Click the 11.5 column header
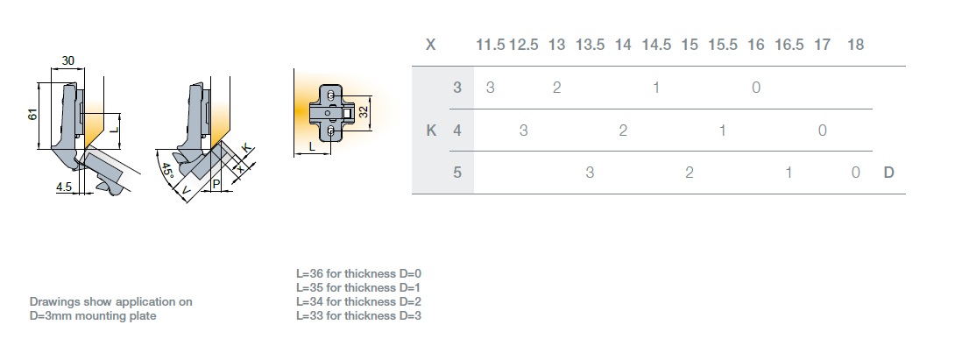click(491, 45)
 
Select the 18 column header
click(856, 45)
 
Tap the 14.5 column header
click(656, 45)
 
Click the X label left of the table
click(430, 45)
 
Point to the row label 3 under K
click(457, 88)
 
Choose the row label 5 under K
click(457, 173)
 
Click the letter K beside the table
click(430, 131)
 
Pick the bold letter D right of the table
click(888, 173)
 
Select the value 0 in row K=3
click(756, 88)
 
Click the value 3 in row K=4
click(523, 131)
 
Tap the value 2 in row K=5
click(690, 173)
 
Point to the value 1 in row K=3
click(656, 88)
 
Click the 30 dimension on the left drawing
click(68, 61)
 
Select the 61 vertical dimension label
click(33, 115)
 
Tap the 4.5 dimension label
click(64, 187)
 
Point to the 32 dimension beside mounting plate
click(363, 112)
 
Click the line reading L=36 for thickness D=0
click(359, 273)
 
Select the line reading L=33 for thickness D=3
click(359, 315)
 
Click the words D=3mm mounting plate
click(93, 315)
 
